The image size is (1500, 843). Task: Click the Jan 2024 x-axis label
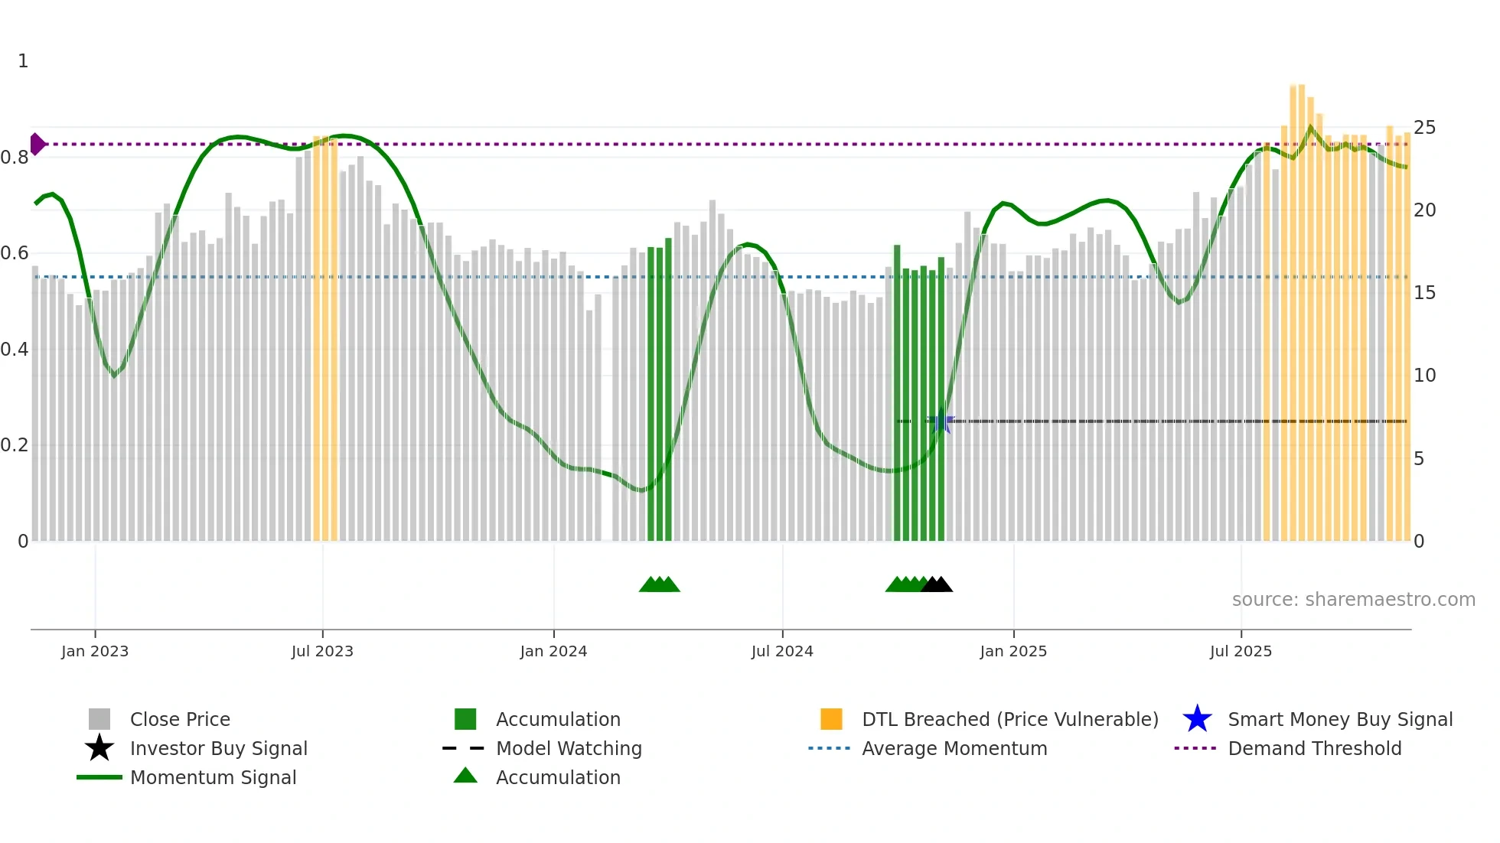tap(553, 651)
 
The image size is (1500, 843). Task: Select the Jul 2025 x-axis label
tap(1241, 651)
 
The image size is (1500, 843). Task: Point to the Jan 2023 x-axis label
tap(95, 651)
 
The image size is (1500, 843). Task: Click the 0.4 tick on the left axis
tap(15, 350)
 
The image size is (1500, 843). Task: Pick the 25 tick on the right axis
tap(1424, 127)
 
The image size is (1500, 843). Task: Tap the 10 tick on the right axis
tap(1424, 376)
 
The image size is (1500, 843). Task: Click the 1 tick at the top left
tap(23, 61)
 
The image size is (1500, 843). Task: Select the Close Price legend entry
tap(180, 719)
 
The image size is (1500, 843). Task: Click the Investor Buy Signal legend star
tap(99, 748)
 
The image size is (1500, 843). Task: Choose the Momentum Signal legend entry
tap(213, 777)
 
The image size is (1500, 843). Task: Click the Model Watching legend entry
tap(569, 748)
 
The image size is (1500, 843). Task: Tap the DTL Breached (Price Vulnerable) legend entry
tap(1009, 719)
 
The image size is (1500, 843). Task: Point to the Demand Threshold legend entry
tap(1314, 748)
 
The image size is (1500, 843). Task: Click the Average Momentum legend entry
tap(954, 748)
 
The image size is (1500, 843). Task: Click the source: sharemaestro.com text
tap(1353, 600)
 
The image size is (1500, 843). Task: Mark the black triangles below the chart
tap(937, 585)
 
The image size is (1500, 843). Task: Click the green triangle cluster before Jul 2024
tap(660, 585)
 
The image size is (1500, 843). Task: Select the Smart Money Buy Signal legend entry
tap(1339, 719)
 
